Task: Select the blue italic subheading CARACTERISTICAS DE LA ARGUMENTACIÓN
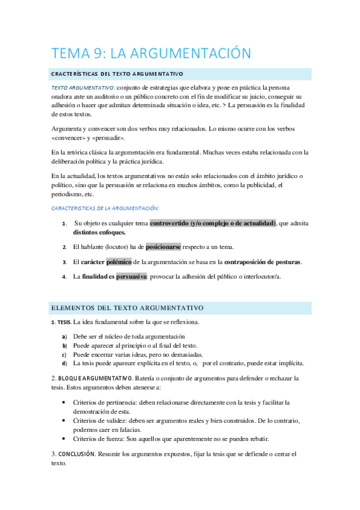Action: click(x=105, y=207)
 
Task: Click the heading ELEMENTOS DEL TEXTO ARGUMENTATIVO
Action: click(x=127, y=308)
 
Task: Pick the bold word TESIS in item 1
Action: click(x=64, y=322)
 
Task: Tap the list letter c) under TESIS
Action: click(x=64, y=355)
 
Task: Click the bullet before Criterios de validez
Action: click(x=64, y=420)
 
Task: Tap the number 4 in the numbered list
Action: click(x=64, y=277)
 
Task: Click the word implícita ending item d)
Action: click(x=288, y=363)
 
